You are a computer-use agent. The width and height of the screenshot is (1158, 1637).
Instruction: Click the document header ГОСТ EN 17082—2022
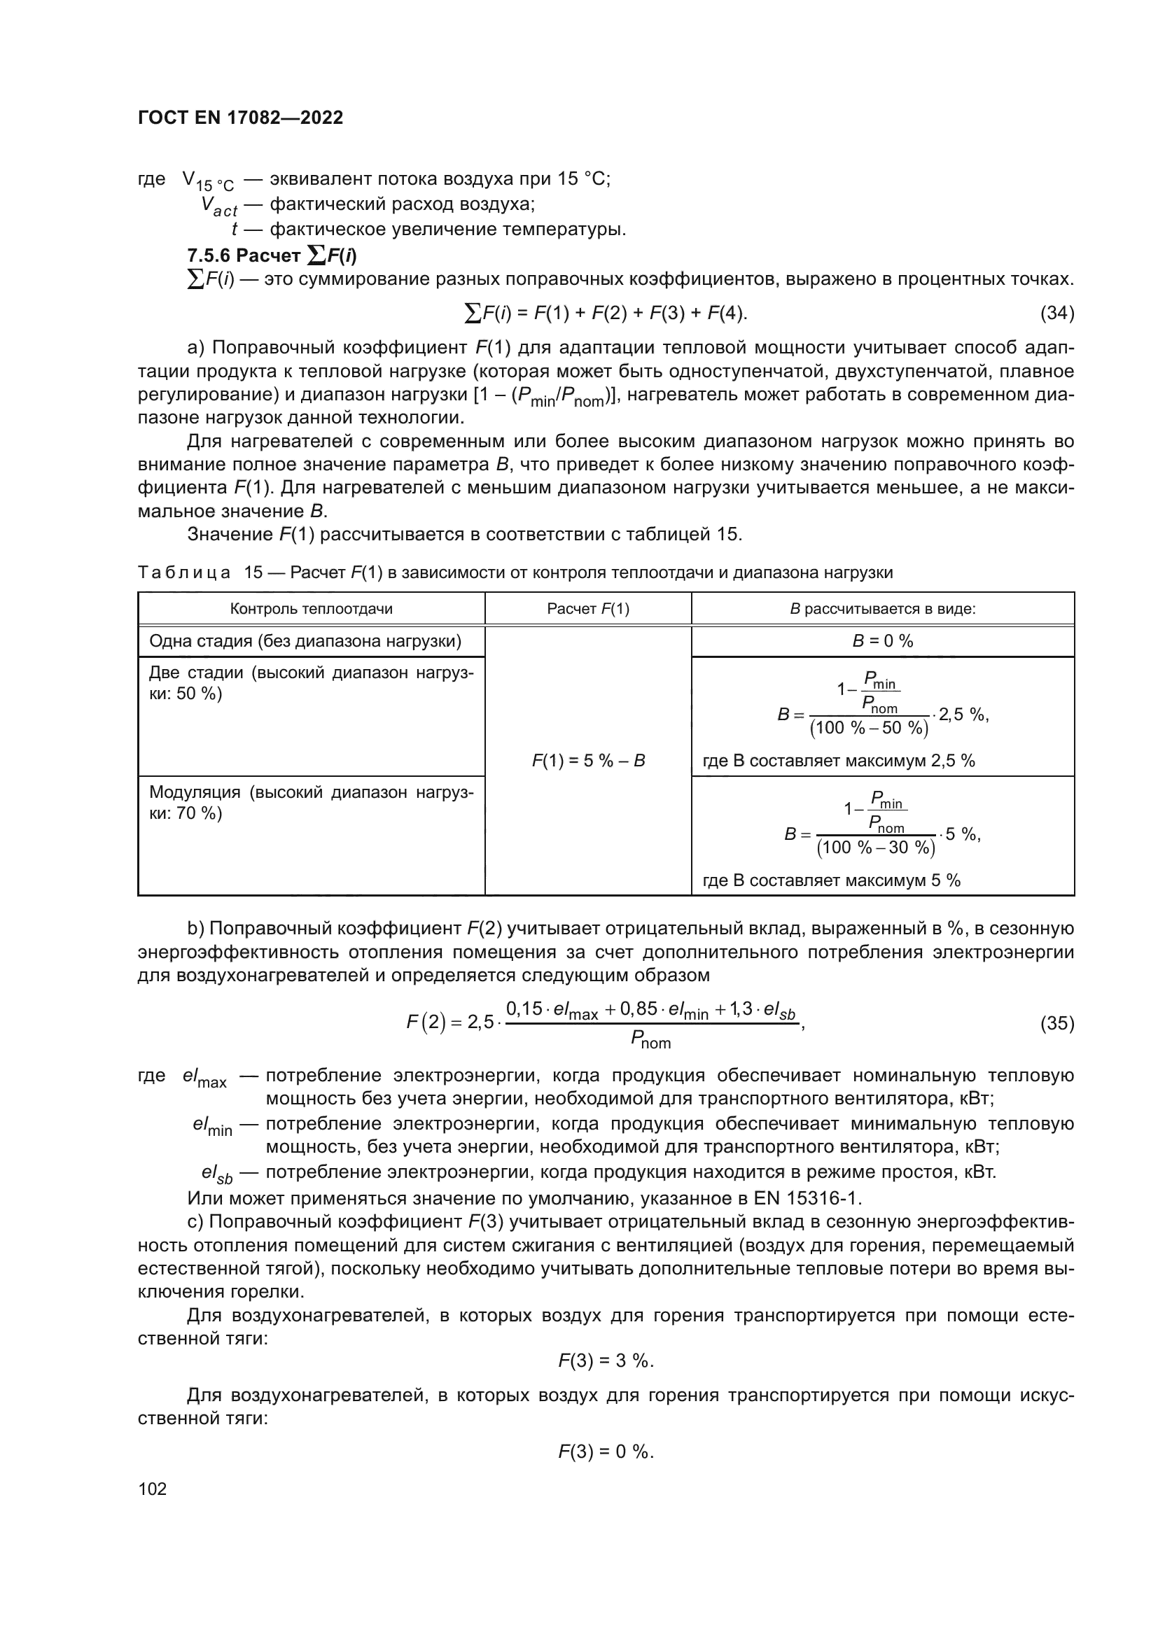click(240, 118)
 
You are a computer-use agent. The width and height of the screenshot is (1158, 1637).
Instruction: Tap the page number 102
click(152, 1489)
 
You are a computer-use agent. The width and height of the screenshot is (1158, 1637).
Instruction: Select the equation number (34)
click(1056, 312)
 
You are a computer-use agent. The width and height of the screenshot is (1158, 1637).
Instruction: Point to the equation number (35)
click(1056, 1023)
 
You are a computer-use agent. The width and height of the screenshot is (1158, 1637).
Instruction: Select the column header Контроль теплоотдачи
click(311, 609)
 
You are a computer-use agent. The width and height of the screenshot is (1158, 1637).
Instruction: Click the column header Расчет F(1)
click(587, 609)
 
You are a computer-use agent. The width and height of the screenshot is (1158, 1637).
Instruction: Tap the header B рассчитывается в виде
click(882, 609)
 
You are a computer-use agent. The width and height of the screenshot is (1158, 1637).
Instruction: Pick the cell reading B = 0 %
click(882, 641)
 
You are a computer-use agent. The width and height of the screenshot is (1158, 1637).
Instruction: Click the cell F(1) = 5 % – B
click(587, 761)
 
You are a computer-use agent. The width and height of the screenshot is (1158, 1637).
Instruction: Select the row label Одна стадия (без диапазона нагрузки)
click(305, 641)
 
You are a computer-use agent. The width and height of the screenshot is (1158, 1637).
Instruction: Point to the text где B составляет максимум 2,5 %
click(839, 761)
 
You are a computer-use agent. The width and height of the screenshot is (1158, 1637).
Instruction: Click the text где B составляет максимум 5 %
click(832, 880)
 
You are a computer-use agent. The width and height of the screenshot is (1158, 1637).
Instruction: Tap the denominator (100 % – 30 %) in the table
click(876, 847)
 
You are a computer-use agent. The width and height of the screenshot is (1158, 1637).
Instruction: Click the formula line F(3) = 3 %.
click(606, 1361)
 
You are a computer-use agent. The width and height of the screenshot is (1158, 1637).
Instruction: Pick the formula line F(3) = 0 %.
click(606, 1452)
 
